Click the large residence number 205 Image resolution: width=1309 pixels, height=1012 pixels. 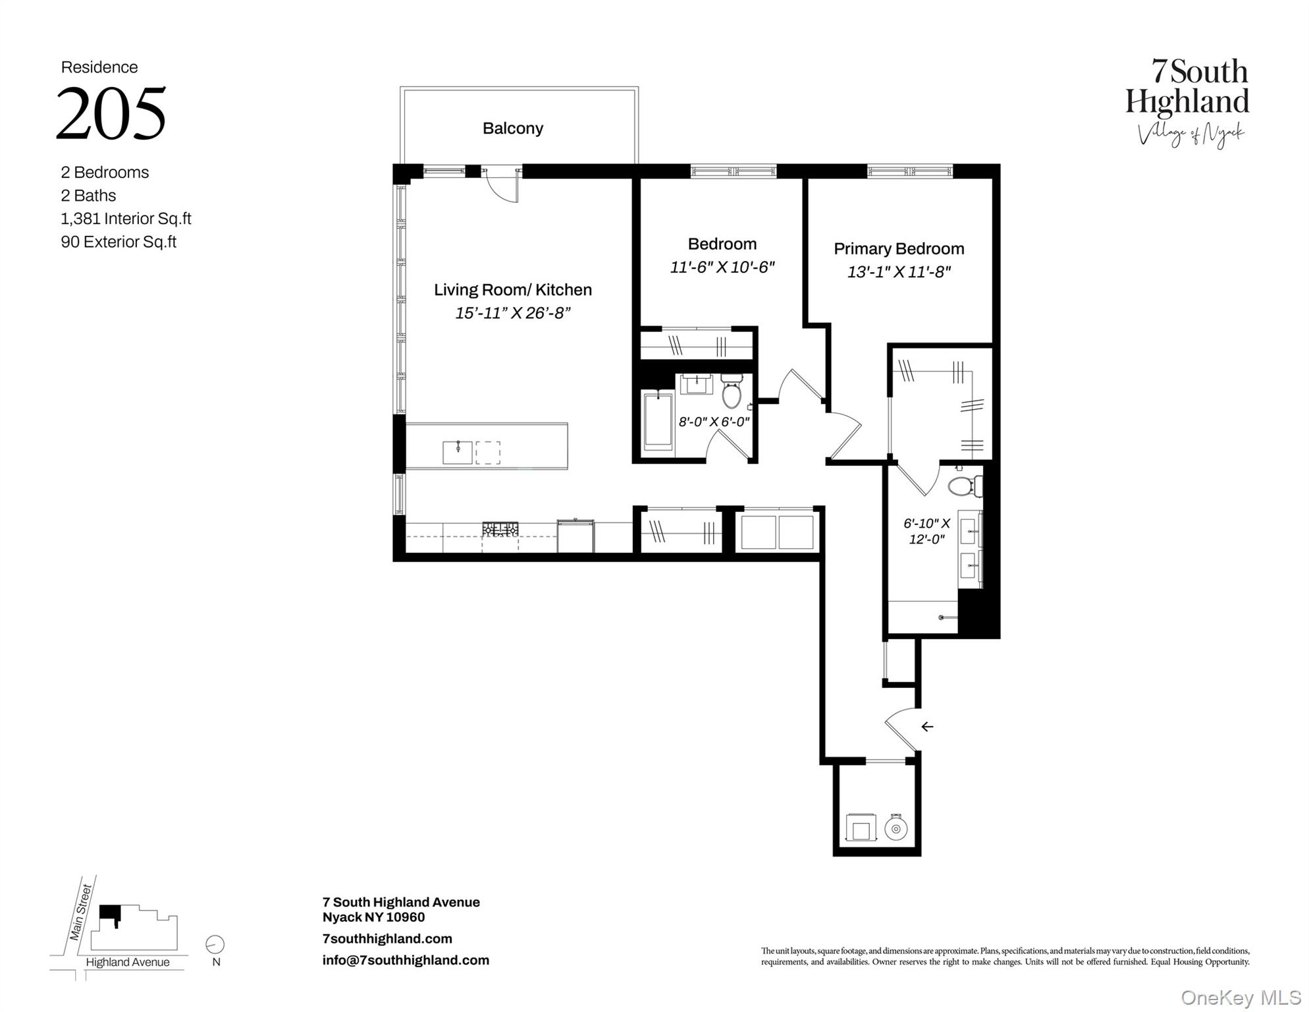click(111, 113)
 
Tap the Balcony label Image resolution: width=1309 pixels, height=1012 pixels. click(512, 128)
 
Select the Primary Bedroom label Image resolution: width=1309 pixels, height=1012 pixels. click(898, 248)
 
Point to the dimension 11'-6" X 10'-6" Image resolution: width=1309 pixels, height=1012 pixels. click(722, 267)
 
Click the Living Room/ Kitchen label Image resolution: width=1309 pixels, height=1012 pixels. click(512, 290)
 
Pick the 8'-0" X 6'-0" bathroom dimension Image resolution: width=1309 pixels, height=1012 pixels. click(714, 422)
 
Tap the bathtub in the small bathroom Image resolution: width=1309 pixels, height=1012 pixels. click(657, 422)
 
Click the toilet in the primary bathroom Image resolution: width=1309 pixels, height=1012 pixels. click(963, 486)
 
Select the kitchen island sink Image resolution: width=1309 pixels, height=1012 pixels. click(457, 452)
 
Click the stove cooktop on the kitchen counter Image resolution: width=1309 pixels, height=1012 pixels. click(500, 528)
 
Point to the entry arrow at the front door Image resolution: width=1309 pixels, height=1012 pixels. click(926, 727)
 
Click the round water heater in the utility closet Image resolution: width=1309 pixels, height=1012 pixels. click(895, 828)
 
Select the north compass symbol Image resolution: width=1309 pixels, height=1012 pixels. click(215, 944)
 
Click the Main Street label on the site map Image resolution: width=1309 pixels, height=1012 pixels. click(81, 912)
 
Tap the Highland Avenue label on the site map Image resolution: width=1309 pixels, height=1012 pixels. click(127, 962)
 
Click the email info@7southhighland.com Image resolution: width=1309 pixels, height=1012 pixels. click(406, 960)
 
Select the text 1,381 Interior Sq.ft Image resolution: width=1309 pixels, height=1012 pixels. click(126, 218)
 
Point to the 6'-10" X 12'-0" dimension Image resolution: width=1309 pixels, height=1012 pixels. click(926, 531)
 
